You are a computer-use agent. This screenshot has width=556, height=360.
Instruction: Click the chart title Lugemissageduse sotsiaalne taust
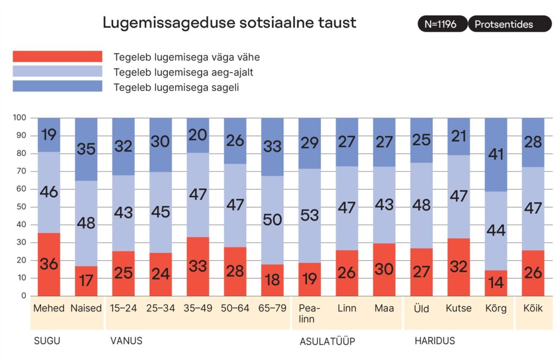point(229,23)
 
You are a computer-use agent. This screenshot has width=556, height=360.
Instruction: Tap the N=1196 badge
point(441,24)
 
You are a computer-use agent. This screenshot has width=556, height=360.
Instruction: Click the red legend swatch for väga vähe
point(57,56)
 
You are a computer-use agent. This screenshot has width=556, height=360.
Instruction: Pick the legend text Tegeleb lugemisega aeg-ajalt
point(183,72)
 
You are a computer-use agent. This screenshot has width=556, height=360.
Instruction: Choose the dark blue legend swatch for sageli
point(57,86)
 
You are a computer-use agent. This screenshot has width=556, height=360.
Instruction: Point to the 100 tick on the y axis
point(20,118)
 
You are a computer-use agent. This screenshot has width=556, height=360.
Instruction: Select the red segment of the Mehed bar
point(49,264)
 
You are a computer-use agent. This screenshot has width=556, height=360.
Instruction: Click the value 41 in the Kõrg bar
point(496,155)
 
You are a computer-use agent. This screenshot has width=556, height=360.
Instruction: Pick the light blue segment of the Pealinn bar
point(309,216)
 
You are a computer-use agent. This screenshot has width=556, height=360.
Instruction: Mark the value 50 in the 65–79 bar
point(272,220)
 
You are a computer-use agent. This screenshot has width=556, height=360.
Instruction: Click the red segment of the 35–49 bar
point(198,267)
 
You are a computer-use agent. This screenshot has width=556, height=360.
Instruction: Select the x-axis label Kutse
point(459,308)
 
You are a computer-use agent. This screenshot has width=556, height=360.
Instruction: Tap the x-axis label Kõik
point(533,308)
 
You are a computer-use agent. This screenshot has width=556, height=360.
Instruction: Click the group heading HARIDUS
point(434,341)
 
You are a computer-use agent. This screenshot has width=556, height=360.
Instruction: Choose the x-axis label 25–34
point(161,308)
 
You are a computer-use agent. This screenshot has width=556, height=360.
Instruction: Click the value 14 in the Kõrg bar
point(496,282)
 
